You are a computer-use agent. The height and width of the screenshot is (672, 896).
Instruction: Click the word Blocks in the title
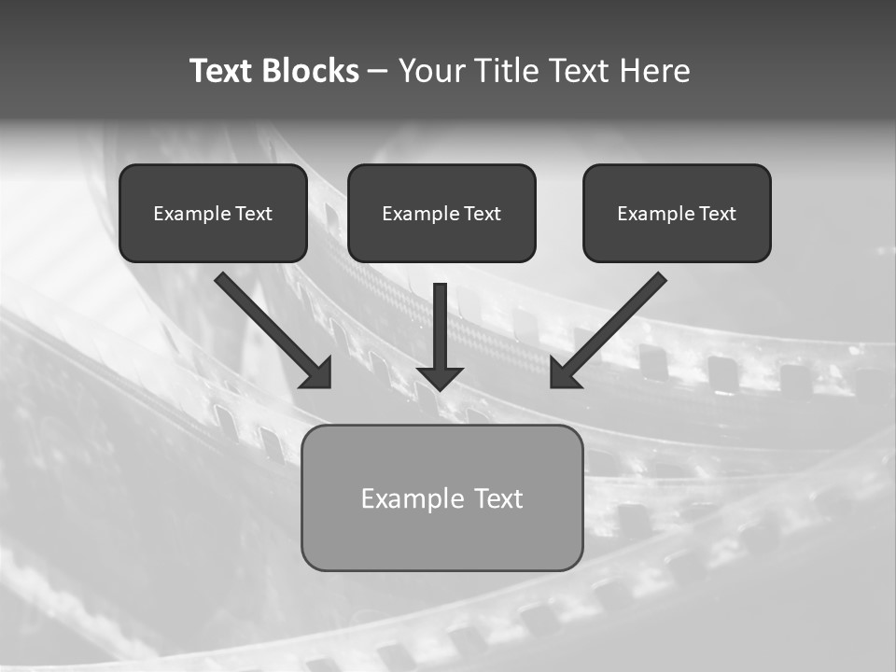(x=308, y=71)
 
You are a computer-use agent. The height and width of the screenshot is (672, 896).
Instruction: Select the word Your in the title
(x=431, y=71)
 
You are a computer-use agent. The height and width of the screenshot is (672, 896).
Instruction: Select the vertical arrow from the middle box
(x=441, y=327)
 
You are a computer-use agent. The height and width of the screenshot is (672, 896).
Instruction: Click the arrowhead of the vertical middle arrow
(x=441, y=377)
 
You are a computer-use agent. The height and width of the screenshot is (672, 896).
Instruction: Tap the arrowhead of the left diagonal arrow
(x=318, y=374)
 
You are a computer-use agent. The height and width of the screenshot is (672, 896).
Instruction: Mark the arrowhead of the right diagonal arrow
(x=563, y=374)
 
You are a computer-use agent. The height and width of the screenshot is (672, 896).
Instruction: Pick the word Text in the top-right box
(x=718, y=214)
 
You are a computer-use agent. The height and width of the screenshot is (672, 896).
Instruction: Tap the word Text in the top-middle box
(x=483, y=214)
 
